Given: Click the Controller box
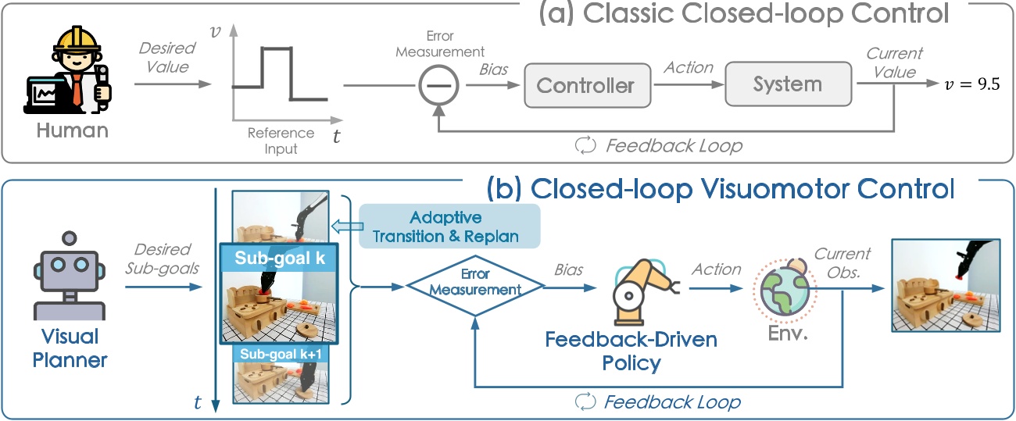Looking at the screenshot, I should point(586,85).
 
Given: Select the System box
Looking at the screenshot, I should point(787,84).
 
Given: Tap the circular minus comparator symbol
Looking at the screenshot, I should point(442,84).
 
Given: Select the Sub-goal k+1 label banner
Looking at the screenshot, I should point(280,354).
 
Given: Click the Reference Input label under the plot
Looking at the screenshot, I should point(281,141).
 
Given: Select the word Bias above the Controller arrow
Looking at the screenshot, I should point(493,69).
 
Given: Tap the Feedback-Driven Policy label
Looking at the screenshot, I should point(631,351).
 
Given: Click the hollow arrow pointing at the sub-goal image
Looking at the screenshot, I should point(345,226).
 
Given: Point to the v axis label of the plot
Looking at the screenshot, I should point(215,31).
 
